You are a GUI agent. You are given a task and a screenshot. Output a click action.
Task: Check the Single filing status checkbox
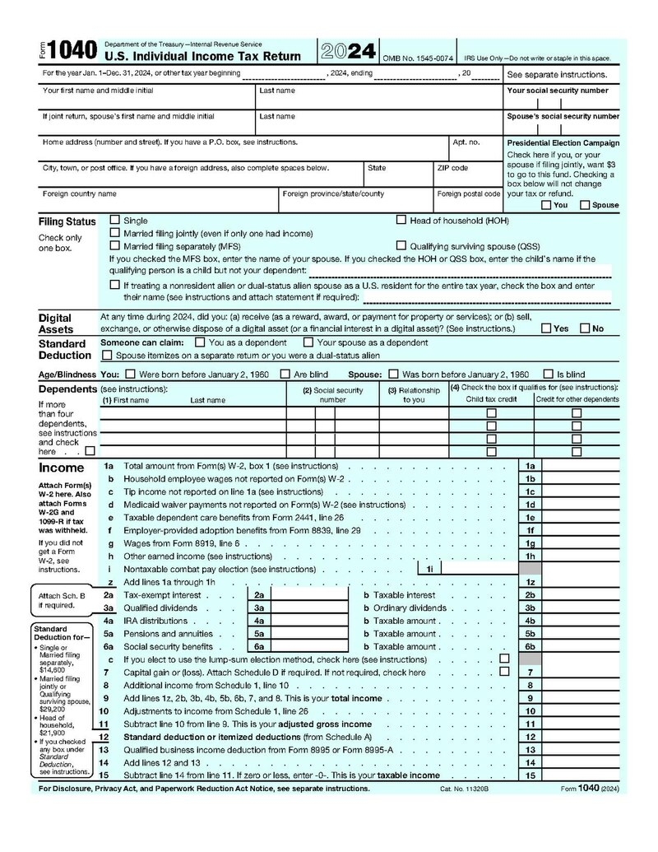115,221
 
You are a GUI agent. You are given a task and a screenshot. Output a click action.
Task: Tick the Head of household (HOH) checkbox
401,220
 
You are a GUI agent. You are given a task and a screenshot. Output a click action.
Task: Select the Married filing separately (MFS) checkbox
115,245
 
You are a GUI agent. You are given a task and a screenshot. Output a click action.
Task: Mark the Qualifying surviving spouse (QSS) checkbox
401,245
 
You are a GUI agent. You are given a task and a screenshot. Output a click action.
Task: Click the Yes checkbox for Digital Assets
546,328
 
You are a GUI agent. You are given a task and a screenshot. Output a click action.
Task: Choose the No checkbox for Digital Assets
586,328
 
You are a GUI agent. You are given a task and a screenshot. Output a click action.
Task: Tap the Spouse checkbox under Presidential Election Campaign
585,205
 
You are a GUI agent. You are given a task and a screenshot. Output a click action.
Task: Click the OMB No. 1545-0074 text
418,58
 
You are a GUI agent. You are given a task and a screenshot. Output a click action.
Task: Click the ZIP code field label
452,168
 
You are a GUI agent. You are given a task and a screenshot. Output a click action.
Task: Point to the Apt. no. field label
466,142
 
